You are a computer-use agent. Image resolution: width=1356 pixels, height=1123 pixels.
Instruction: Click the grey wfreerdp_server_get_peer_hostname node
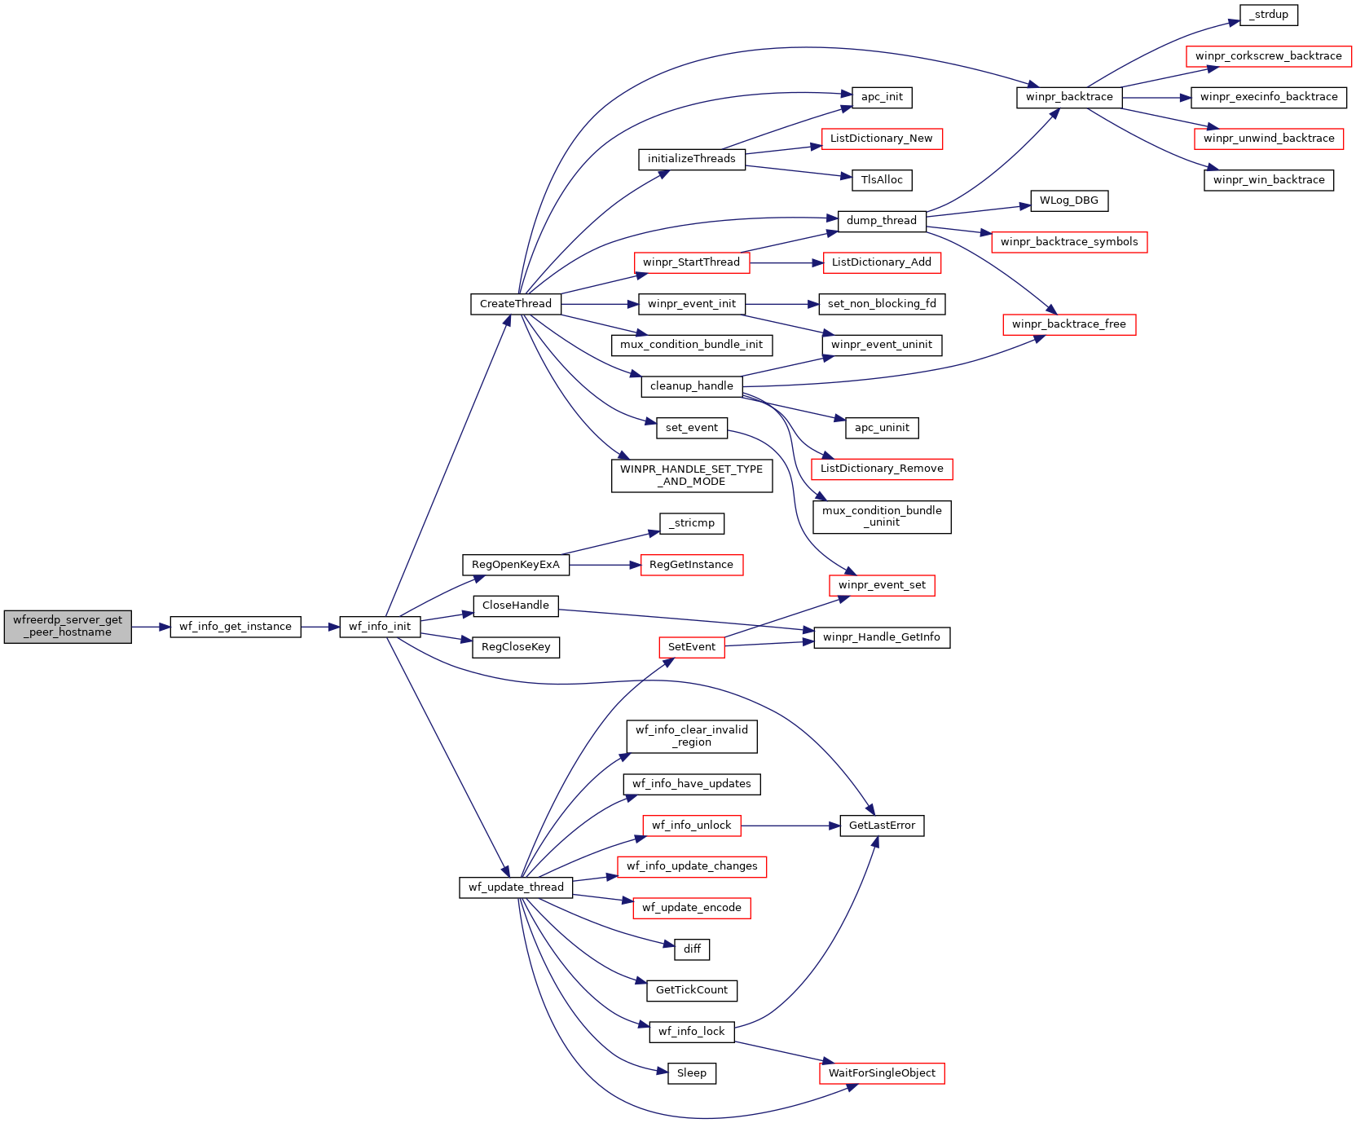[x=68, y=627]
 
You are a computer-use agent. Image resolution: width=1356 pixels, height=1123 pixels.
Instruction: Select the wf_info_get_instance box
[x=236, y=627]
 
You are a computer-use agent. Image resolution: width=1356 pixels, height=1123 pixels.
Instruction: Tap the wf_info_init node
[x=380, y=627]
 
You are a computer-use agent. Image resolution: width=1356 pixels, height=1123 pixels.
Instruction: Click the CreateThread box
[x=516, y=304]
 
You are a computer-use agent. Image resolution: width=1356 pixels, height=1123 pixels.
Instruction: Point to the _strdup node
[x=1269, y=15]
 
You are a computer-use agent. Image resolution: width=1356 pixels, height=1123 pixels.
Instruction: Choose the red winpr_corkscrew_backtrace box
[x=1269, y=56]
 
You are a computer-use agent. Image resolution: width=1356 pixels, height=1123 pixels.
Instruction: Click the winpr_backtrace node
[x=1069, y=97]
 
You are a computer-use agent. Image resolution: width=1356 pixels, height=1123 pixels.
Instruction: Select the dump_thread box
[x=882, y=221]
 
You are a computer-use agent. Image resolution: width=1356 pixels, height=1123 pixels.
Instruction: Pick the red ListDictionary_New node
[x=882, y=139]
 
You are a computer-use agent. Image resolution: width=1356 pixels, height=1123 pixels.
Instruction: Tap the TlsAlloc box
[x=882, y=180]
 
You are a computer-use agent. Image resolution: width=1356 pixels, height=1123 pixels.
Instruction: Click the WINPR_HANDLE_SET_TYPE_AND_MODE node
[x=692, y=476]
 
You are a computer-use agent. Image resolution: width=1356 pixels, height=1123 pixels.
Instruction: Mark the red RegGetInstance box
[x=692, y=565]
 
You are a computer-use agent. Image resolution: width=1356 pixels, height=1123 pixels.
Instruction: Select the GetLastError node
[x=882, y=826]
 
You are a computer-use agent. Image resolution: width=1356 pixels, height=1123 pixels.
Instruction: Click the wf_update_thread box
[x=516, y=887]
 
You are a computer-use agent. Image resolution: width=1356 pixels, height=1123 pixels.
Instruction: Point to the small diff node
[x=692, y=949]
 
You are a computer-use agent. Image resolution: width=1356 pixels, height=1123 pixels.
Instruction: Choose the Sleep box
[x=692, y=1073]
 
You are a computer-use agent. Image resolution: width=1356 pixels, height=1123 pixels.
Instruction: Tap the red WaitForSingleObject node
[x=882, y=1073]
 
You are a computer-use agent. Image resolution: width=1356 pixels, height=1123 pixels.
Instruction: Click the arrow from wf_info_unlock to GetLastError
[x=790, y=826]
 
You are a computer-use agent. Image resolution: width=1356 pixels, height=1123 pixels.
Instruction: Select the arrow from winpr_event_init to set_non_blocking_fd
[x=782, y=304]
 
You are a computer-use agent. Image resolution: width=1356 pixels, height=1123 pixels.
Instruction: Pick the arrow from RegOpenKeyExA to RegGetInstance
[x=605, y=565]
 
